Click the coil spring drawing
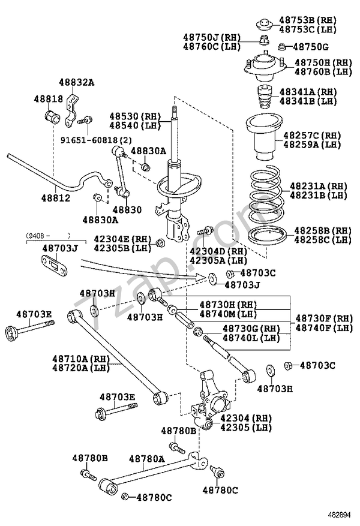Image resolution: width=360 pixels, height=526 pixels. [x=266, y=194]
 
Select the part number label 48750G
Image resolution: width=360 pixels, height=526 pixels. [x=311, y=47]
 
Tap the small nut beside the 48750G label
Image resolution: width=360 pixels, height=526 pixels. [x=281, y=46]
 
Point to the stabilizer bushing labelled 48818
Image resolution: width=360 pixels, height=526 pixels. [x=52, y=115]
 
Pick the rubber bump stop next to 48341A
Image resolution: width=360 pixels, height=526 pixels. [x=263, y=97]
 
